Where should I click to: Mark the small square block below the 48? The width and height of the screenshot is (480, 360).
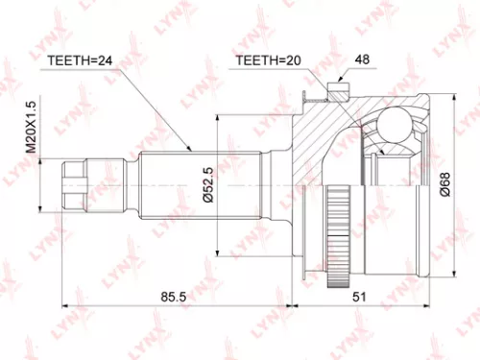tap(336, 91)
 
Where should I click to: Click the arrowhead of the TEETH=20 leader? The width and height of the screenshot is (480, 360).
tap(326, 100)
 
